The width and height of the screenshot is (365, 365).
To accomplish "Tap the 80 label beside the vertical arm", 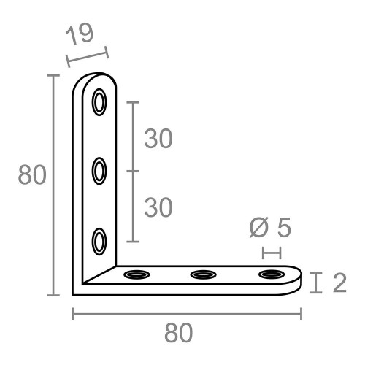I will (32, 176).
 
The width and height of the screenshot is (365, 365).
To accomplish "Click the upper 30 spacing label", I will (158, 139).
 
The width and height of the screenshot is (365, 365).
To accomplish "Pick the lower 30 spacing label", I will (158, 208).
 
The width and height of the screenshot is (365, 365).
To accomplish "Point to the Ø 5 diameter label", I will (269, 228).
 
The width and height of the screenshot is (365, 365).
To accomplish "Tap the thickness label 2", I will (339, 283).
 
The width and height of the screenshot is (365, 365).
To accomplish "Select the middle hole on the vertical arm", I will (99, 172).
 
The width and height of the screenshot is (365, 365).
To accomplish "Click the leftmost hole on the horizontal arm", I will (136, 275).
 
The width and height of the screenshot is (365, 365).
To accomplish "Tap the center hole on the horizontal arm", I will (203, 275).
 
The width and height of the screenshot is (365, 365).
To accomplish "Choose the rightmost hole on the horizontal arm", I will (271, 275).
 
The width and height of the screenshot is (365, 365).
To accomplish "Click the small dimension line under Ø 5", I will (271, 253).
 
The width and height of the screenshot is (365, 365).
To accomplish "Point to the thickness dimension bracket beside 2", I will (315, 283).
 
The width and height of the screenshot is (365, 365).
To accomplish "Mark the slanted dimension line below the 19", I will (86, 56).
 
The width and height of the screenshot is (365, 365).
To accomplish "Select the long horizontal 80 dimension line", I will (187, 314).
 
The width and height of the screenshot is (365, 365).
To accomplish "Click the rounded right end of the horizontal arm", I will (297, 278).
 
